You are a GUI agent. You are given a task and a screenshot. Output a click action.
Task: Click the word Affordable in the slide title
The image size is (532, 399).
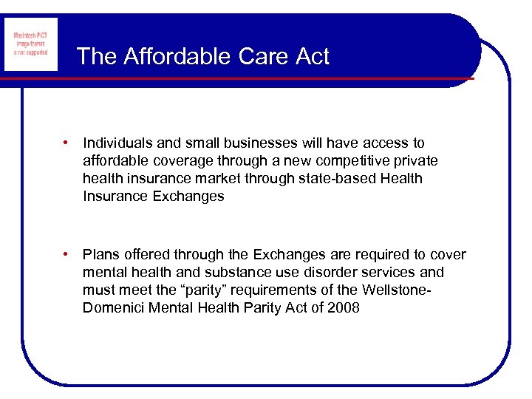coord(174,57)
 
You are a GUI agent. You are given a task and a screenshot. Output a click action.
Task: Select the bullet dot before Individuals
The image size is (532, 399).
coord(66,143)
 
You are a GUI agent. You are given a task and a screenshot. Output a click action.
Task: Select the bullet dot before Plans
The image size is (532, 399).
coord(66,255)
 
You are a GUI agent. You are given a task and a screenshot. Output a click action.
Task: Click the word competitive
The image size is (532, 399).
coord(352,161)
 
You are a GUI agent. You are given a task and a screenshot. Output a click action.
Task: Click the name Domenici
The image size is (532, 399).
coord(113,308)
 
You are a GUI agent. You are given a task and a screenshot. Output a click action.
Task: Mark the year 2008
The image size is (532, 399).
coord(342,308)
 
